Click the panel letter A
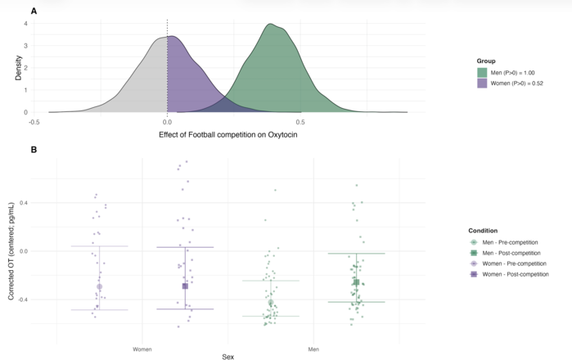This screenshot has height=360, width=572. (x=34, y=11)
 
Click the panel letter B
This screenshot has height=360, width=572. (x=34, y=150)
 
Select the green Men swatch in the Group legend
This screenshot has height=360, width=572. (x=482, y=73)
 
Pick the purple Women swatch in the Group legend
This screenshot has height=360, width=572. (x=482, y=83)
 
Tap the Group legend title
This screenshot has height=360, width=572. (x=486, y=61)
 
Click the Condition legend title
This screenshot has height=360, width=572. (x=483, y=231)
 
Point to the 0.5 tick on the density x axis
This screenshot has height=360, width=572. (x=300, y=122)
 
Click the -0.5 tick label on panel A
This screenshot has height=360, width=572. (x=34, y=122)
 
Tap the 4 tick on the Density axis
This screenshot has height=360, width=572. (x=25, y=24)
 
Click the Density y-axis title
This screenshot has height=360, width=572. (x=18, y=68)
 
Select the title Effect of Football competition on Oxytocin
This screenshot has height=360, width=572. (x=228, y=134)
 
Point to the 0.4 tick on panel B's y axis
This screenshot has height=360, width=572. (x=23, y=202)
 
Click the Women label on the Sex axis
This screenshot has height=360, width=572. (x=142, y=349)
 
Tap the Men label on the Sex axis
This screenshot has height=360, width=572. (x=313, y=349)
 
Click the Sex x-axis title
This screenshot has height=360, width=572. (x=228, y=357)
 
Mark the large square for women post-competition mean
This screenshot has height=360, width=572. (x=185, y=286)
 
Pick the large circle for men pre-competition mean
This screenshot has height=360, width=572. (x=271, y=303)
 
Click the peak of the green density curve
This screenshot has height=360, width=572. (x=270, y=24)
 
